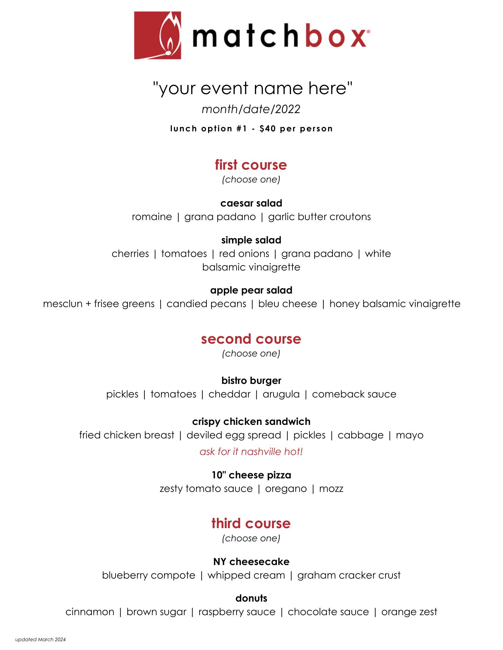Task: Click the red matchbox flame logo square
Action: tap(157, 35)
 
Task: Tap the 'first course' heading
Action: tap(251, 165)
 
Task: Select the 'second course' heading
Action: tap(251, 339)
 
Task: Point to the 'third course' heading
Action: tap(251, 523)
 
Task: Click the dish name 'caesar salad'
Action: tap(251, 203)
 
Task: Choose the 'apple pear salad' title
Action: tap(251, 290)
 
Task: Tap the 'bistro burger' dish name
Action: tap(251, 381)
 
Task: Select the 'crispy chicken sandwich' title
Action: tap(251, 421)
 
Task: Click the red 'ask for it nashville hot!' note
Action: tap(251, 452)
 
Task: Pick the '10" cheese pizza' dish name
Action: tap(251, 475)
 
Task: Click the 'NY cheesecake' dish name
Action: tap(251, 562)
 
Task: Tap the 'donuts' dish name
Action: tap(251, 598)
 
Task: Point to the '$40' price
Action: tap(268, 129)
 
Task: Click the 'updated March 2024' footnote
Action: tap(40, 640)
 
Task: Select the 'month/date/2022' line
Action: tap(251, 109)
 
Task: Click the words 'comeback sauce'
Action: tap(354, 394)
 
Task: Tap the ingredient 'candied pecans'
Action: tap(206, 304)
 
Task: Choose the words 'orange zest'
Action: tap(409, 612)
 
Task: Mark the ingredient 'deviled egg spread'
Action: tap(234, 435)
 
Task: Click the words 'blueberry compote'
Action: tap(148, 575)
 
